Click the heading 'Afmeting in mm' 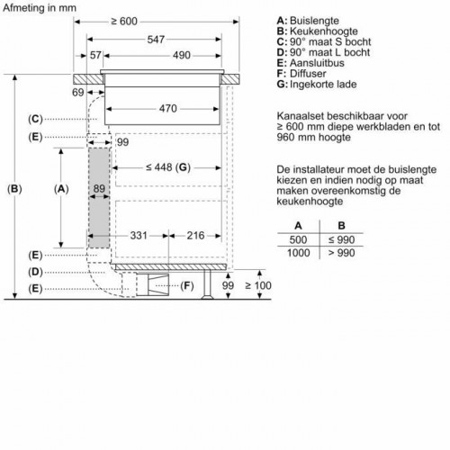coord(42,8)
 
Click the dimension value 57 coord(96,56)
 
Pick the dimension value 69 coord(79,94)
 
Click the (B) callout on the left coord(14,189)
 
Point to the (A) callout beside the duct coord(61,189)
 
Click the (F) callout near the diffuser coord(188,286)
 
